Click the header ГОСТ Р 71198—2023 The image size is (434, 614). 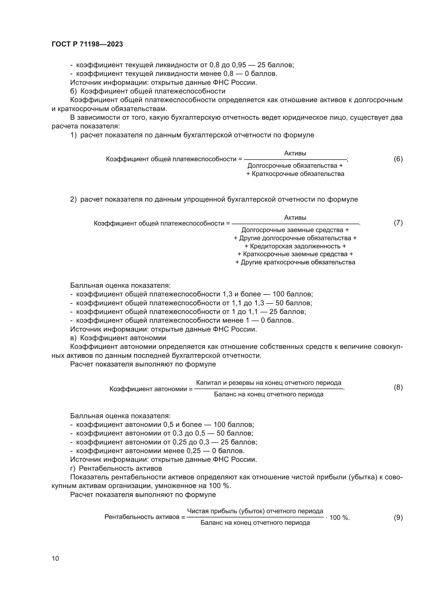pyautogui.click(x=87, y=44)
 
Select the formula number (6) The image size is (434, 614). pyautogui.click(x=398, y=159)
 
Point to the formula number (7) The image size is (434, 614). pyautogui.click(x=398, y=223)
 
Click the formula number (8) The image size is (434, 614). pyautogui.click(x=398, y=387)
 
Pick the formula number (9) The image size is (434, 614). pyautogui.click(x=398, y=517)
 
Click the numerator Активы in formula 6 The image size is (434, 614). pyautogui.click(x=295, y=153)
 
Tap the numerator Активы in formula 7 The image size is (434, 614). pyautogui.click(x=295, y=217)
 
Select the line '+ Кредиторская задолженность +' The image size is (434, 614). pyautogui.click(x=295, y=246)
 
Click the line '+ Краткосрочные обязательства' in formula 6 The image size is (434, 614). pyautogui.click(x=295, y=174)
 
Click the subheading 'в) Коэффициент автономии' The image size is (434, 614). pyautogui.click(x=118, y=338)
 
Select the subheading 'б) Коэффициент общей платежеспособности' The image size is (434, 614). pyautogui.click(x=148, y=91)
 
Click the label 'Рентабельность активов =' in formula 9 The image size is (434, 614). pyautogui.click(x=145, y=517)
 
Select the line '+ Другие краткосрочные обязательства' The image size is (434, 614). pyautogui.click(x=295, y=262)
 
